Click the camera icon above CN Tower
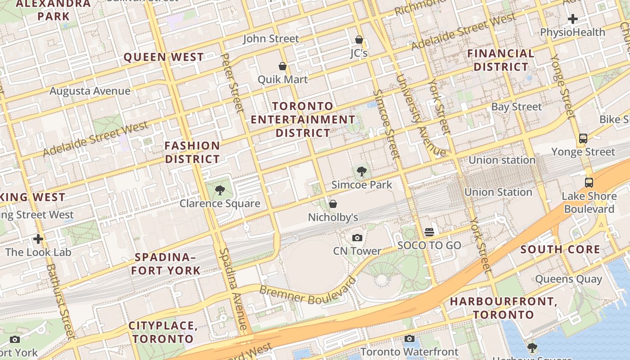(x=357, y=238)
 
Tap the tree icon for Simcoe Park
(x=361, y=171)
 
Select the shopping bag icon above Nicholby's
(x=333, y=204)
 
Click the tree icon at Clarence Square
(x=220, y=190)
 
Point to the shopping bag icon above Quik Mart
(x=283, y=66)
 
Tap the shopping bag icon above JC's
(x=359, y=40)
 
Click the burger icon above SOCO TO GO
(x=429, y=232)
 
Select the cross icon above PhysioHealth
(x=572, y=19)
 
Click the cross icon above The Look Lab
(x=38, y=238)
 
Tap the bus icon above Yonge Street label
(x=583, y=139)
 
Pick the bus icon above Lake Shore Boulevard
(x=589, y=183)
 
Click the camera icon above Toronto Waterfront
(x=409, y=338)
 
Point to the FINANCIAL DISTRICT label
(x=500, y=60)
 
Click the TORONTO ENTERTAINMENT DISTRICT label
(x=303, y=120)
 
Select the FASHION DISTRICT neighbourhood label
(x=192, y=153)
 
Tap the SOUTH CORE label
(x=560, y=250)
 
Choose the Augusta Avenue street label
(x=90, y=91)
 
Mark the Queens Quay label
(x=568, y=279)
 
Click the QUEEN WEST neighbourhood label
(x=164, y=57)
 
